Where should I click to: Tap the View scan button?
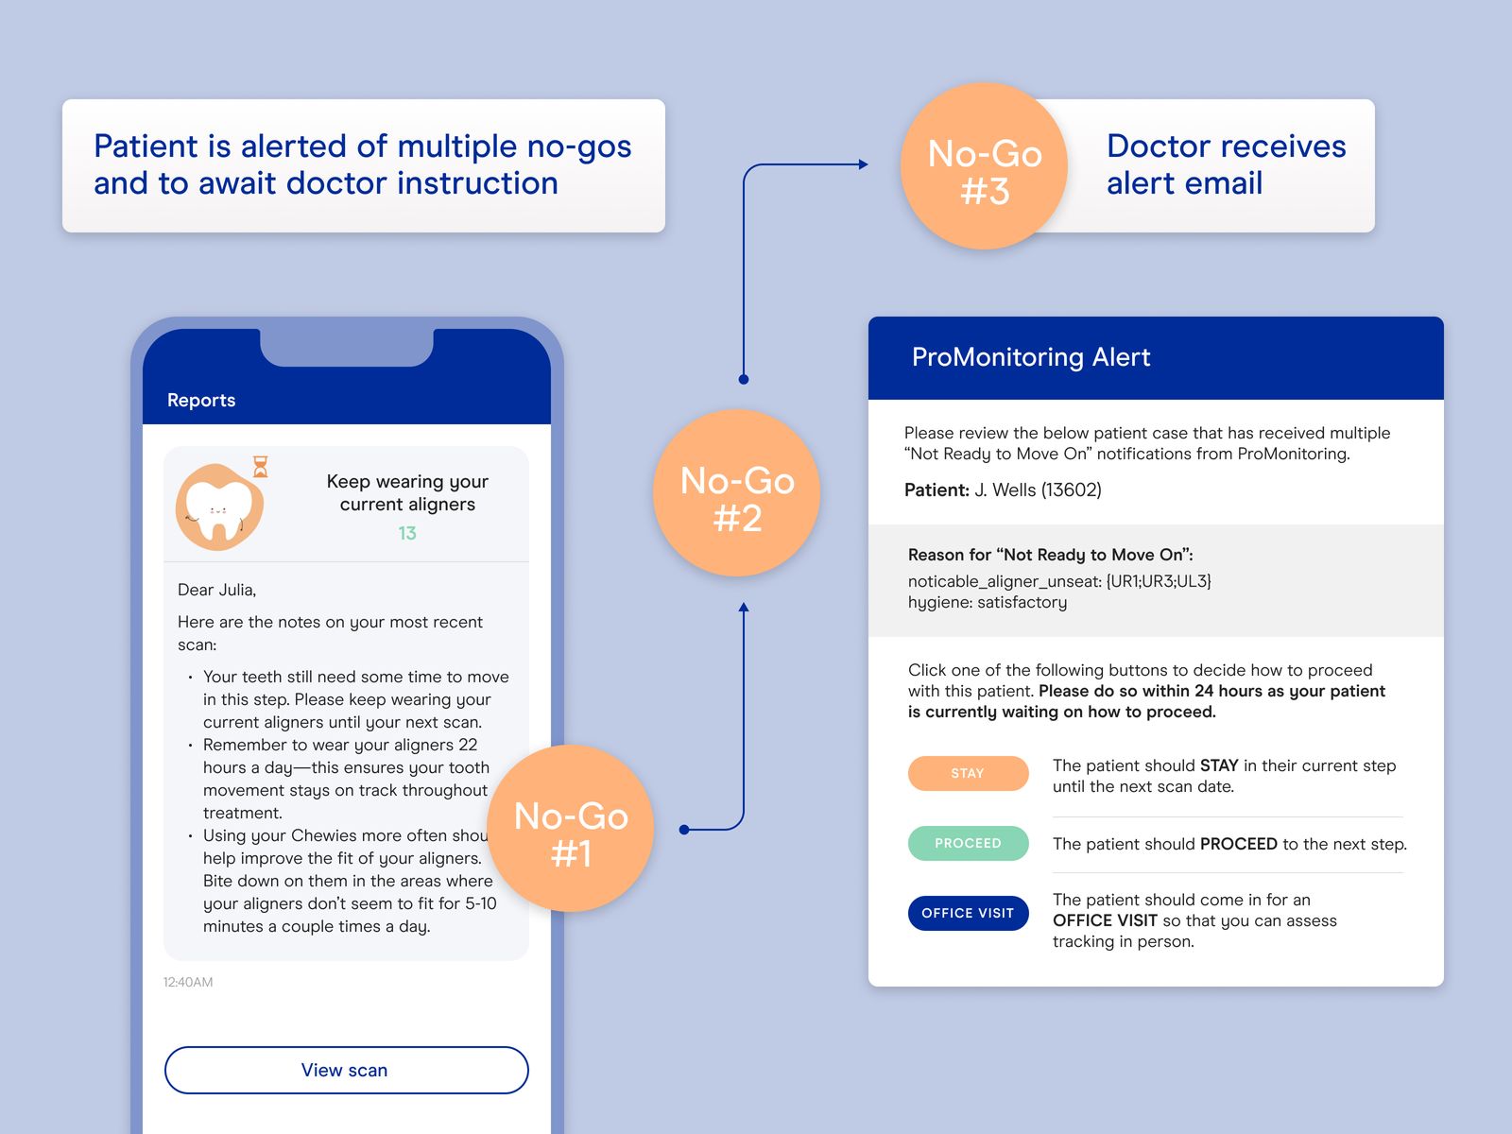[346, 1070]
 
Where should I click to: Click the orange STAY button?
[968, 773]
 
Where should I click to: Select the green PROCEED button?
[968, 843]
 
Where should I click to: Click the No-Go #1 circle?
[571, 829]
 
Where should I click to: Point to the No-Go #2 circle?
[737, 493]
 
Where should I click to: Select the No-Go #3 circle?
[984, 166]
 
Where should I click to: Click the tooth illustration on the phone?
[219, 508]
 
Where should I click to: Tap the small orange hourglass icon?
[261, 467]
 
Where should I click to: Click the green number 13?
[407, 533]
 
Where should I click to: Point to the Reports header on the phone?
[201, 400]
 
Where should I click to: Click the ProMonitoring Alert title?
[1030, 357]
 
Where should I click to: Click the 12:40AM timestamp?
[188, 982]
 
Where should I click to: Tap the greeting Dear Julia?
[217, 590]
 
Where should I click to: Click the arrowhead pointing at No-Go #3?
[862, 164]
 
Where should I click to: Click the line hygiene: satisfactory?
[988, 603]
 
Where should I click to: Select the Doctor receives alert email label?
[1226, 164]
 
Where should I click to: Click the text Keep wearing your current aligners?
[407, 492]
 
